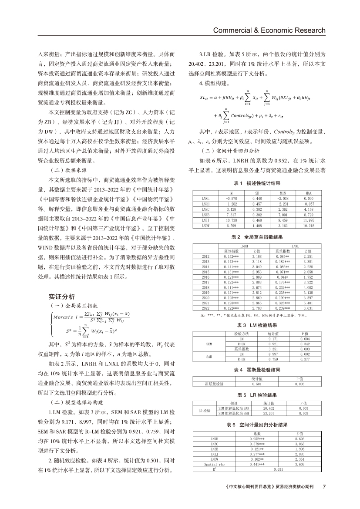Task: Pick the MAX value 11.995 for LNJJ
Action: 309,221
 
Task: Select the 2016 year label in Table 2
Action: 206,276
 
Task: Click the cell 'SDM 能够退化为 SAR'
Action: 234,409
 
